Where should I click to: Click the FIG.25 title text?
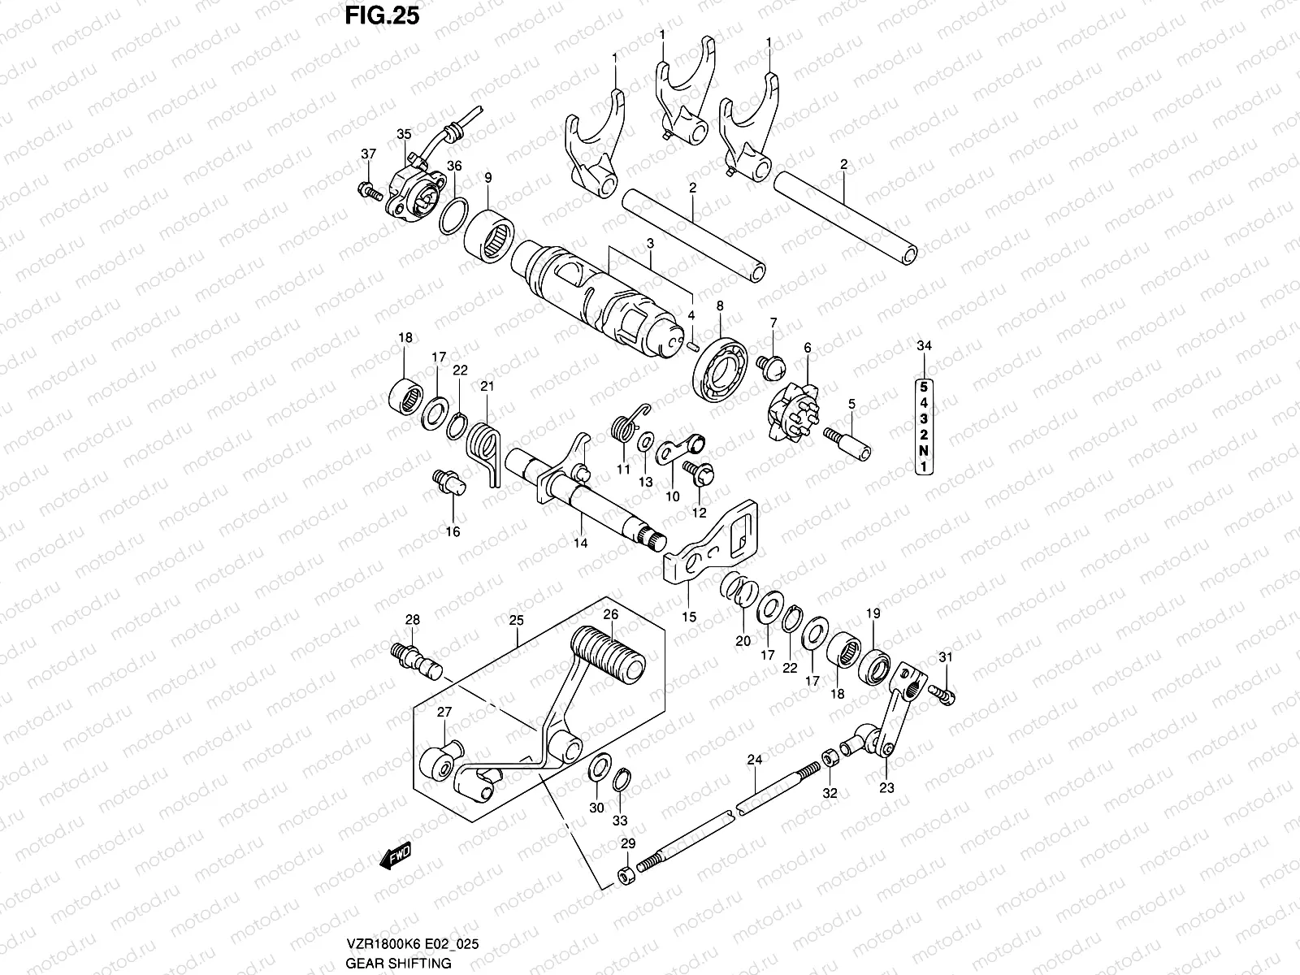(379, 15)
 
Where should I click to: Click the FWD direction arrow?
(396, 856)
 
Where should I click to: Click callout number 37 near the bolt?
(369, 154)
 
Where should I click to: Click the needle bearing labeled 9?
(489, 236)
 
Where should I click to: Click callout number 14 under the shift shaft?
(580, 543)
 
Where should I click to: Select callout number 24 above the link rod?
(754, 760)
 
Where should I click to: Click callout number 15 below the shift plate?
(689, 617)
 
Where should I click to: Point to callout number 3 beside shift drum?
(651, 243)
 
